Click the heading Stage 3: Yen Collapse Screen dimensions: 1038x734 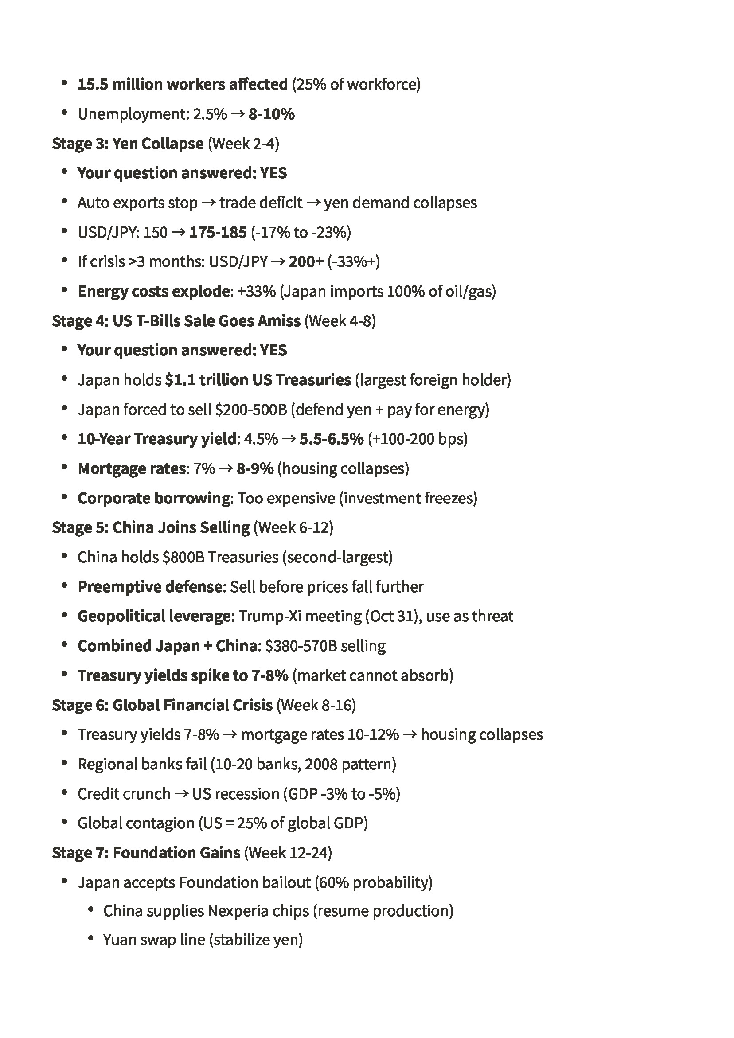(x=128, y=144)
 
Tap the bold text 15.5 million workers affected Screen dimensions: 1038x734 (x=182, y=85)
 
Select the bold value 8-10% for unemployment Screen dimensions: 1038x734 (x=271, y=114)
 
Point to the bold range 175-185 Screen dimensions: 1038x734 (x=218, y=232)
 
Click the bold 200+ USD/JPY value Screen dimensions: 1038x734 (x=306, y=262)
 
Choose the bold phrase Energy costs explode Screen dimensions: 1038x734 (x=154, y=292)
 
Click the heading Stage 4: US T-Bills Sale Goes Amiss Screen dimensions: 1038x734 (x=176, y=321)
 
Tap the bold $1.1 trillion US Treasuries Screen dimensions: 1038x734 (x=258, y=380)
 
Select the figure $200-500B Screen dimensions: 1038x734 (x=250, y=410)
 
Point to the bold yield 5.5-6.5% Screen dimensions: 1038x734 (x=331, y=439)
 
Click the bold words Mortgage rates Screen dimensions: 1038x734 (x=132, y=469)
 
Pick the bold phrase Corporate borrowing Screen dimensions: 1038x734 (x=154, y=498)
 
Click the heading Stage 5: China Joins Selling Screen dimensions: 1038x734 (x=151, y=527)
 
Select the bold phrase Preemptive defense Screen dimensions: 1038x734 (x=150, y=587)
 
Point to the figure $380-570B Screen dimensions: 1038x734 (x=301, y=646)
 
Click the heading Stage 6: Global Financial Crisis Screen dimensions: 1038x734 (x=162, y=705)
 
